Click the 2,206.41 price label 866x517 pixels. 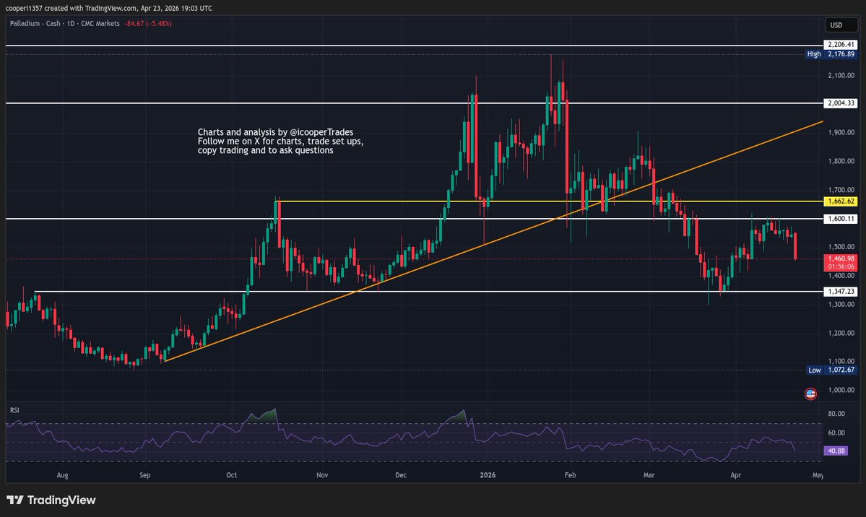[x=841, y=45]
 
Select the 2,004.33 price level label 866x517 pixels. [x=841, y=103]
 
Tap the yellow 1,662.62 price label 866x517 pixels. [x=841, y=201]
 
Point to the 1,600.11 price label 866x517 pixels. [x=841, y=219]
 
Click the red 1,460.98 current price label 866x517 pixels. [x=841, y=258]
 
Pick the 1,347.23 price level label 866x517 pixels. [x=841, y=292]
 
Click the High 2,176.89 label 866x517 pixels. [x=833, y=54]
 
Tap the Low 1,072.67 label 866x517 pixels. [x=833, y=370]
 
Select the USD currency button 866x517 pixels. [x=836, y=25]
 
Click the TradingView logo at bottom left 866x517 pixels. [x=51, y=500]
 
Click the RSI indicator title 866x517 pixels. [x=14, y=410]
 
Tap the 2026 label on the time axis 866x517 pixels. [x=488, y=476]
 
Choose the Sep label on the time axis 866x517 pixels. [x=144, y=476]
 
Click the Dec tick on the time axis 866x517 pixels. [x=402, y=476]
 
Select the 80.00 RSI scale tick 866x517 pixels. [x=836, y=414]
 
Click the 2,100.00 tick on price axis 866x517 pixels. [x=841, y=75]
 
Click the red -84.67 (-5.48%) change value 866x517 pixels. [x=147, y=24]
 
